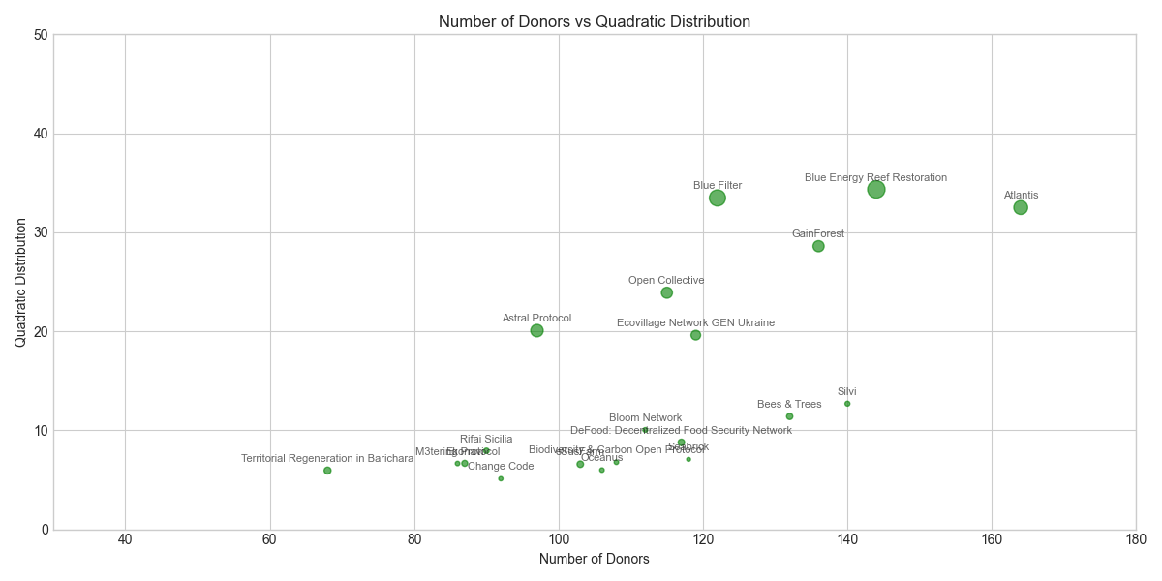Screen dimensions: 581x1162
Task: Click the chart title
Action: coord(594,21)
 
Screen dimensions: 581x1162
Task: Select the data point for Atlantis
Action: coord(1021,207)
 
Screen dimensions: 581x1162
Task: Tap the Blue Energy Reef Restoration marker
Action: coord(876,189)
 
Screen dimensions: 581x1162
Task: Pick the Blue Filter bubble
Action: coord(718,198)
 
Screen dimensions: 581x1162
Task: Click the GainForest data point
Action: coord(818,246)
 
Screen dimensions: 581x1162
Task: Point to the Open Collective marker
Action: coord(666,292)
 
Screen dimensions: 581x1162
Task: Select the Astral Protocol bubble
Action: coord(536,330)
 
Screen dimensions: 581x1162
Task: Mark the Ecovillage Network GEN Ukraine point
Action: coord(695,335)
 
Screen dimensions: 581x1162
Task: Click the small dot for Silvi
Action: coord(847,404)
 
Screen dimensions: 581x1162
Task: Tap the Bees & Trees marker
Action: coord(789,416)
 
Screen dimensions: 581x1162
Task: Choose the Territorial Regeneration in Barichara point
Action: coord(327,471)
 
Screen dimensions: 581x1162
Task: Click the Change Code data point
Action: coord(501,478)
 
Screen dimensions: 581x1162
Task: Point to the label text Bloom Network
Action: coord(645,418)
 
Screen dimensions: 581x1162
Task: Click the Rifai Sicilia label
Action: coord(486,440)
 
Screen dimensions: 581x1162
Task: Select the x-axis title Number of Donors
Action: coord(594,559)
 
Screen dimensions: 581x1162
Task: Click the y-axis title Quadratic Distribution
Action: coord(20,282)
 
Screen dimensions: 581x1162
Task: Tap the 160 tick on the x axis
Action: coord(992,539)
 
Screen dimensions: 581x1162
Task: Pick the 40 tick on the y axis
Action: coord(40,134)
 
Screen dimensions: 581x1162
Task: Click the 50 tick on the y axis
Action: coord(40,35)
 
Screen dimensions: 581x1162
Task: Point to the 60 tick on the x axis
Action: coord(270,539)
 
